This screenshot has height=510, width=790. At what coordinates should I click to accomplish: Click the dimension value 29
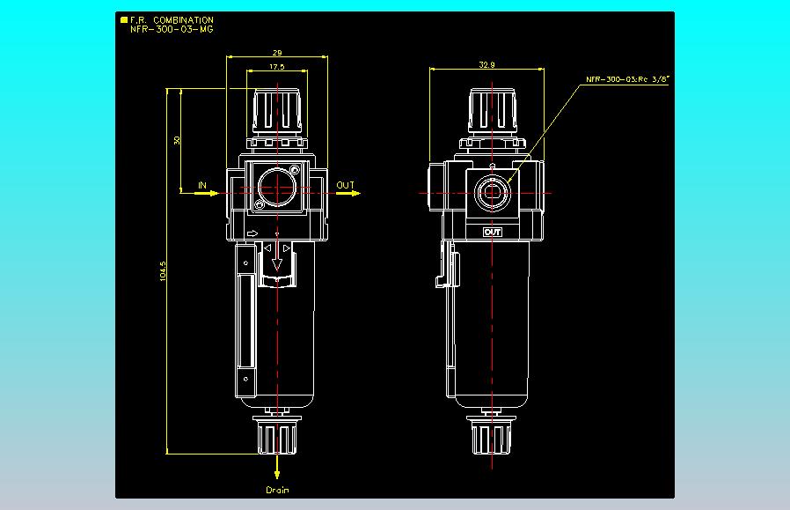(x=276, y=53)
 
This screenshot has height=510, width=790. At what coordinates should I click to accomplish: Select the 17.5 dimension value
(x=276, y=67)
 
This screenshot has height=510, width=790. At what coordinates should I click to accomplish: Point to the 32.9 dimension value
(x=486, y=64)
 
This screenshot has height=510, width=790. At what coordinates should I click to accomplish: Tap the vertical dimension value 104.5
(x=163, y=271)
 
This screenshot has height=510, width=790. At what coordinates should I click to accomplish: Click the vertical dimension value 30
(x=177, y=140)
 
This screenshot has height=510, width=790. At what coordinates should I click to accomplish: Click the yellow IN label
(x=202, y=185)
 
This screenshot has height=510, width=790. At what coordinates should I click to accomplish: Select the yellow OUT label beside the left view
(x=346, y=185)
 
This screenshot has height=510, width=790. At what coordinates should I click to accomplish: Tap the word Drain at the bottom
(x=278, y=490)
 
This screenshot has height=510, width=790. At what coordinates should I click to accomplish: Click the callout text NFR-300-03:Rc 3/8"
(x=626, y=79)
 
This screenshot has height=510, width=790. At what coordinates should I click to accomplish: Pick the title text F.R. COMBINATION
(x=172, y=20)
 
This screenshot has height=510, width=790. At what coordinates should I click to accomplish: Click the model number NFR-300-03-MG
(x=172, y=29)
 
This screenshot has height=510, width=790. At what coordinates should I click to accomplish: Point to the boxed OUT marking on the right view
(x=493, y=232)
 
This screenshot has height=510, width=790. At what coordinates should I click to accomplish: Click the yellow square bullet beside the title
(x=124, y=20)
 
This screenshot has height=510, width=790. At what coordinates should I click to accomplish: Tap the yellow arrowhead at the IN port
(x=214, y=193)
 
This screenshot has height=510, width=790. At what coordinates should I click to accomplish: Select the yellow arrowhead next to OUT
(x=355, y=193)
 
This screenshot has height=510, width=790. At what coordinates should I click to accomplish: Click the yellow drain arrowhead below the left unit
(x=277, y=474)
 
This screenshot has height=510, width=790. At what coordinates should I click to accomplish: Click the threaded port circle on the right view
(x=493, y=192)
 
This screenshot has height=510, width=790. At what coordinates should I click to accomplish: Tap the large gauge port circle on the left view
(x=276, y=187)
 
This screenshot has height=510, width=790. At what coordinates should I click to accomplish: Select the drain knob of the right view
(x=491, y=435)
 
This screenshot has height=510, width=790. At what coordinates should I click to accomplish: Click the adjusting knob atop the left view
(x=277, y=112)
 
